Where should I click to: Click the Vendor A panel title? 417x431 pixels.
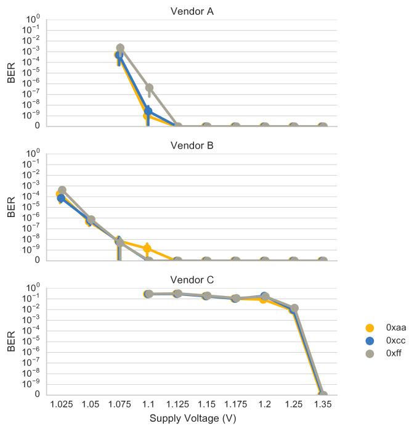click(x=192, y=12)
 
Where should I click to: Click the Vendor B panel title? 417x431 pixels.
click(x=192, y=146)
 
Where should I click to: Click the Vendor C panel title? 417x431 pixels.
click(x=192, y=281)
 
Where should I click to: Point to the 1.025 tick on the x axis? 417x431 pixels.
click(x=61, y=405)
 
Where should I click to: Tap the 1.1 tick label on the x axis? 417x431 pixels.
click(x=148, y=405)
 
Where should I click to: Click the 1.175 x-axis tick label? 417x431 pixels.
click(x=235, y=405)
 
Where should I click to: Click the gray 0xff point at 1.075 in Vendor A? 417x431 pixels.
click(x=121, y=48)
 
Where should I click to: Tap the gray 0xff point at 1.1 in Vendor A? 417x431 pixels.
click(x=149, y=88)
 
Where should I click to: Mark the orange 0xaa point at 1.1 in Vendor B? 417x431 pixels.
click(x=147, y=248)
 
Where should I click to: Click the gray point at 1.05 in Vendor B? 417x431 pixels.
click(x=91, y=220)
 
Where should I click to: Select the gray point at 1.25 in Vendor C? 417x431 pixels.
click(x=294, y=308)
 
